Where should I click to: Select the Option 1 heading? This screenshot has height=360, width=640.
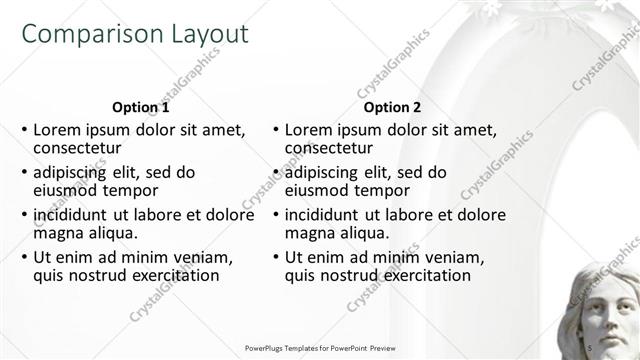[141, 107]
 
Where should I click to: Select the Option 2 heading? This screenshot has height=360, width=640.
[393, 107]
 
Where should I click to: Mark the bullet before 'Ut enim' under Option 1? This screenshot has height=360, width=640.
[24, 258]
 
